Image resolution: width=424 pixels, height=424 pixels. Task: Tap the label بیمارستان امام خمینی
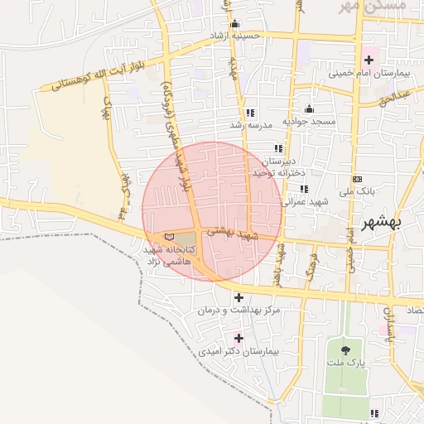pyautogui.click(x=370, y=74)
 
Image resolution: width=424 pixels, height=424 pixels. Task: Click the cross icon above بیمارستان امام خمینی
pyautogui.click(x=369, y=60)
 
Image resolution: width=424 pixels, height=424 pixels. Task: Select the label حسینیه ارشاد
pyautogui.click(x=234, y=36)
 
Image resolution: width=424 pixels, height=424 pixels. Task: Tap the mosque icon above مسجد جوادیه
pyautogui.click(x=310, y=108)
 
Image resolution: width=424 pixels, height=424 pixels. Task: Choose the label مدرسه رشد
pyautogui.click(x=251, y=126)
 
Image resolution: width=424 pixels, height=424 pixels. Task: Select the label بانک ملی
pyautogui.click(x=362, y=190)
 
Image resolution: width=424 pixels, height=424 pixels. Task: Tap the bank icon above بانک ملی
pyautogui.click(x=357, y=179)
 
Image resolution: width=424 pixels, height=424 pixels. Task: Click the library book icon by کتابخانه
pyautogui.click(x=171, y=237)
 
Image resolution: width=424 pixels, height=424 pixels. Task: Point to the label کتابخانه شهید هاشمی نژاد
pyautogui.click(x=169, y=254)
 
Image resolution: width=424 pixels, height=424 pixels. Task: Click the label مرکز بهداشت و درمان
pyautogui.click(x=239, y=311)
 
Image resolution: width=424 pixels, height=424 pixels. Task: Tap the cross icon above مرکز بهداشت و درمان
pyautogui.click(x=239, y=297)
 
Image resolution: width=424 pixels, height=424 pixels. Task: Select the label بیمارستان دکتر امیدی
pyautogui.click(x=239, y=351)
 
